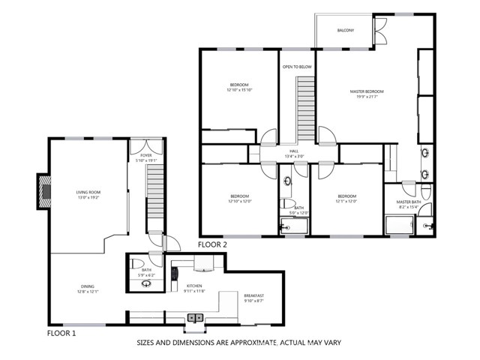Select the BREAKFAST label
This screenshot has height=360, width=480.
(254, 295)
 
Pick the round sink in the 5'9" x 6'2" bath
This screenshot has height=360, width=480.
(147, 284)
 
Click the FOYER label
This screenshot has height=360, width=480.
(145, 155)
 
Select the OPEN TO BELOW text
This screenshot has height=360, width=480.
(297, 67)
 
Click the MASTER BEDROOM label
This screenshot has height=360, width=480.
(367, 91)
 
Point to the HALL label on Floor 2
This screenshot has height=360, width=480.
(295, 151)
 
